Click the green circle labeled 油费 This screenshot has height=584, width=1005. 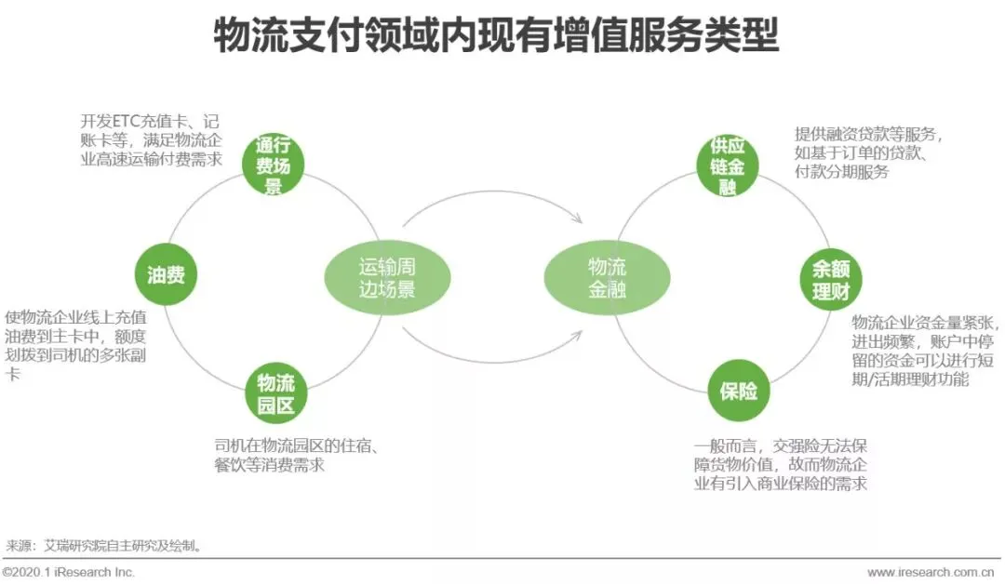pos(166,274)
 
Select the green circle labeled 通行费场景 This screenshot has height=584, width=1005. pos(274,166)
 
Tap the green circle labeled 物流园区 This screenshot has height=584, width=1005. pos(275,393)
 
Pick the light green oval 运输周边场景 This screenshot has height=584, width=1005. pos(387,277)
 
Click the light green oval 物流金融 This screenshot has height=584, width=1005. pos(607,277)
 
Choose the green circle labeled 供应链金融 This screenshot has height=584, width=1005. pos(728,166)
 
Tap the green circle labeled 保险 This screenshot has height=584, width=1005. pos(738,391)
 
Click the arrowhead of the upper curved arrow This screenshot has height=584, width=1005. pos(577,219)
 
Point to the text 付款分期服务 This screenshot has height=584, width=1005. pos(841,173)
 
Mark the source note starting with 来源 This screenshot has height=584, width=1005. pos(104,546)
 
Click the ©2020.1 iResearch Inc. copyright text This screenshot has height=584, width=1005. pos(70,572)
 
